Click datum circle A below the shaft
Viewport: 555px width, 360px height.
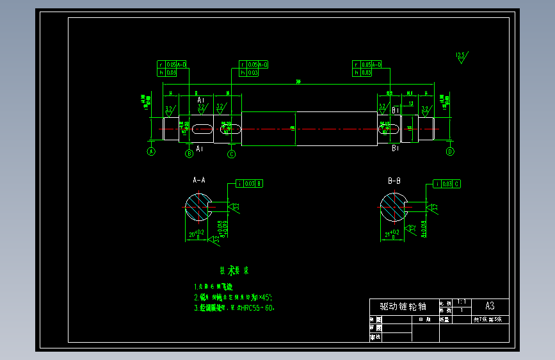click(151, 152)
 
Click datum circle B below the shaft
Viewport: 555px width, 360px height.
click(189, 154)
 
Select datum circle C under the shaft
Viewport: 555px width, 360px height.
click(232, 154)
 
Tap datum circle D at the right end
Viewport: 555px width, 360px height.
click(450, 152)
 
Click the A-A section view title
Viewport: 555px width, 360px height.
click(199, 180)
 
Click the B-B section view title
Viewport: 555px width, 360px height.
click(394, 181)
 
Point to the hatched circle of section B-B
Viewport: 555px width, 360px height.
click(393, 206)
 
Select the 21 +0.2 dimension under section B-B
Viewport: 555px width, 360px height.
click(391, 233)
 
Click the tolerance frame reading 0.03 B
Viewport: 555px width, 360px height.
click(250, 184)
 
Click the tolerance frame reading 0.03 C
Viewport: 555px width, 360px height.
click(447, 184)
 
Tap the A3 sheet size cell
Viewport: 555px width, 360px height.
click(490, 306)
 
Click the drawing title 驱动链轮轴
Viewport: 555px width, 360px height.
click(403, 307)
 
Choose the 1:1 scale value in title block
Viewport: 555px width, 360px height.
click(462, 302)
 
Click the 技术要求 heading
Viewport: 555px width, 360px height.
click(230, 271)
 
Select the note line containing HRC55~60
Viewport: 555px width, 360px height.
click(234, 308)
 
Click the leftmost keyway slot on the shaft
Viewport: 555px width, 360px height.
click(202, 129)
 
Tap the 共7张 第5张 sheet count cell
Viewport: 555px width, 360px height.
click(490, 319)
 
